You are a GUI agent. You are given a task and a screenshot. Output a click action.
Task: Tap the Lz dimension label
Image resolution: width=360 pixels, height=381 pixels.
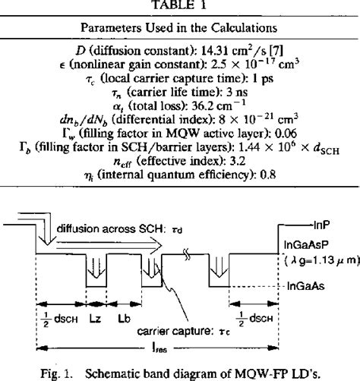coord(96,312)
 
